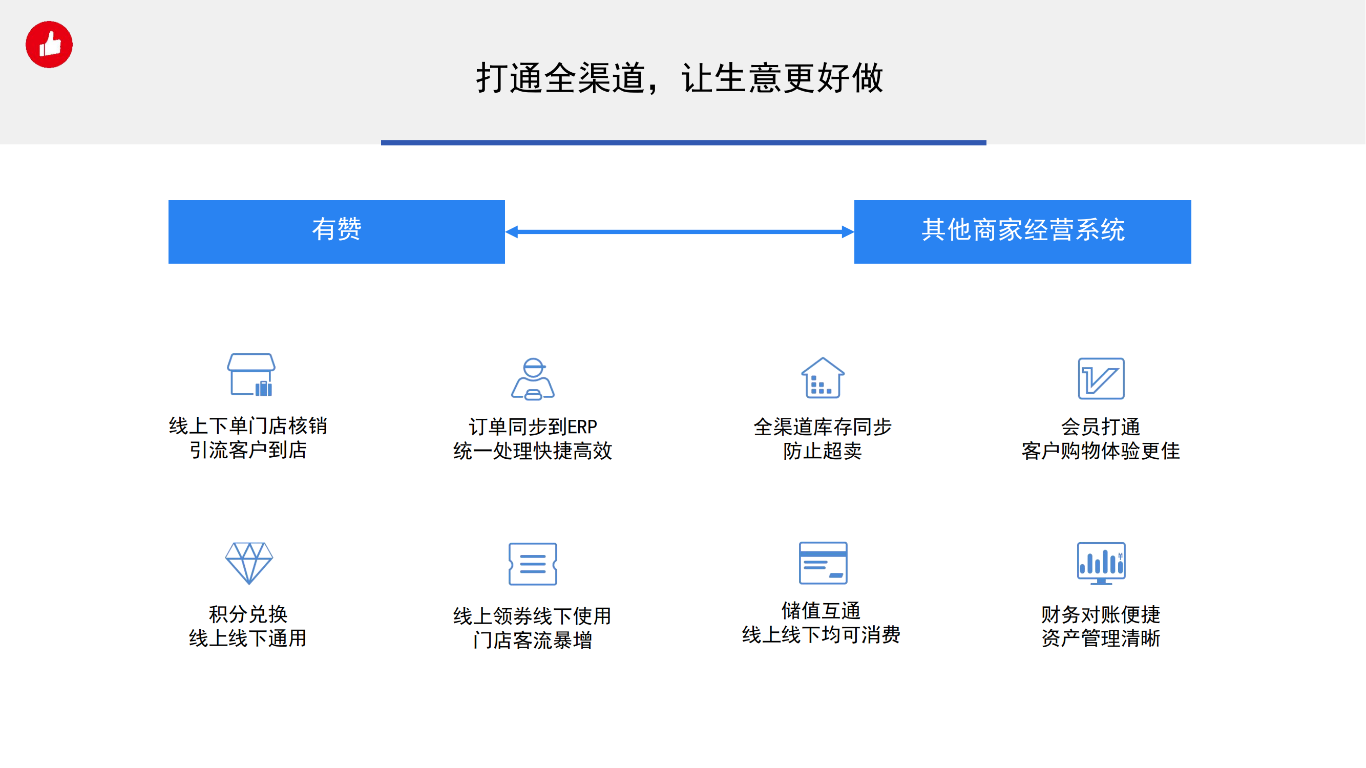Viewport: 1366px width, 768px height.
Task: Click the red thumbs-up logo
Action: click(x=49, y=45)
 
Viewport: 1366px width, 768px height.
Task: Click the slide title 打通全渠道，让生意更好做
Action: click(x=680, y=78)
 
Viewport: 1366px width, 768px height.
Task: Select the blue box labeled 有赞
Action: click(x=337, y=231)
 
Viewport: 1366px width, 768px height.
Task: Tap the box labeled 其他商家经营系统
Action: click(x=1022, y=231)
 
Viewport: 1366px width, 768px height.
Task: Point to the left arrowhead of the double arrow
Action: click(x=512, y=231)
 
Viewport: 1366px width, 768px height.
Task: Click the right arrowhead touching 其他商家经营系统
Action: click(x=847, y=231)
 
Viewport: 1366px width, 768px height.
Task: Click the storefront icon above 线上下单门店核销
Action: click(x=251, y=375)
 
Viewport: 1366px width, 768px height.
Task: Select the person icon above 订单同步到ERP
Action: click(x=533, y=378)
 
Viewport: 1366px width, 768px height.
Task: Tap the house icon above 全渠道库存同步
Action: click(x=823, y=377)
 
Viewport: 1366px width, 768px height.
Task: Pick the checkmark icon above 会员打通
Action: click(x=1101, y=378)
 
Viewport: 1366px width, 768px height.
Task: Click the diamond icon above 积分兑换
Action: click(x=249, y=563)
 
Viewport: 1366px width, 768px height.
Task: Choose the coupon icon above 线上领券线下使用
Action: click(x=532, y=564)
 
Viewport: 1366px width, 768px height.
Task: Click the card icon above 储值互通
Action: click(x=823, y=563)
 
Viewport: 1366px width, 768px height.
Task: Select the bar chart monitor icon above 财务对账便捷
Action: click(x=1101, y=563)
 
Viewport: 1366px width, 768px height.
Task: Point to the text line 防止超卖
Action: click(x=823, y=451)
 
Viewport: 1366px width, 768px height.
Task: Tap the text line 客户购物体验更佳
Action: click(x=1101, y=451)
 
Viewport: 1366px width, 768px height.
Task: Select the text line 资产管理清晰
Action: click(x=1101, y=638)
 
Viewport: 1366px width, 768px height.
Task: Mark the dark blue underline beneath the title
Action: click(x=684, y=142)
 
